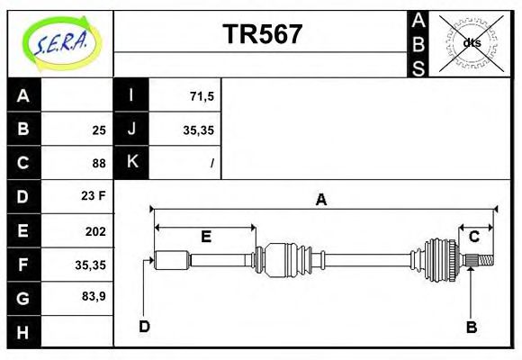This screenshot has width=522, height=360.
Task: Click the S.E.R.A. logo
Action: pyautogui.click(x=58, y=43)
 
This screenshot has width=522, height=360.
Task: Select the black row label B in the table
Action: pyautogui.click(x=23, y=130)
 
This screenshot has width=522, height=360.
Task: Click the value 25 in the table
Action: pyautogui.click(x=98, y=130)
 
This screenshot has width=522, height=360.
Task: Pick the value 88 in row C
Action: pyautogui.click(x=98, y=164)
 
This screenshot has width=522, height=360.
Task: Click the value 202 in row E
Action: pyautogui.click(x=94, y=231)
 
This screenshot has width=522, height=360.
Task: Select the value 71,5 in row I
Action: pyautogui.click(x=202, y=94)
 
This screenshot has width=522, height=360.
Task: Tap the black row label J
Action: pyautogui.click(x=131, y=130)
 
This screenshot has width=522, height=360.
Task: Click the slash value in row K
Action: pyautogui.click(x=211, y=164)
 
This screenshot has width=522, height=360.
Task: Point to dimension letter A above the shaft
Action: pyautogui.click(x=320, y=201)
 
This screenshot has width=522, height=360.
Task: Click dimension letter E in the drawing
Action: pyautogui.click(x=206, y=238)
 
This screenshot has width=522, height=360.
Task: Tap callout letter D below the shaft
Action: pyautogui.click(x=144, y=327)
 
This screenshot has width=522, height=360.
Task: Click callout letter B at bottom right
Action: pyautogui.click(x=471, y=327)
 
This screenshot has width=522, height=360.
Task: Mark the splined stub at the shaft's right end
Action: pyautogui.click(x=481, y=261)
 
